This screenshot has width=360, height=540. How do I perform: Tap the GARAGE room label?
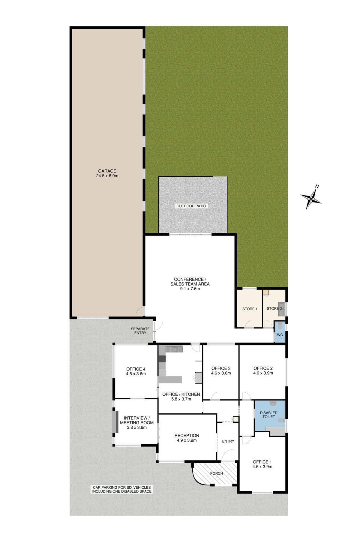click(x=107, y=171)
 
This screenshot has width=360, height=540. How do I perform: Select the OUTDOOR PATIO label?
click(x=192, y=206)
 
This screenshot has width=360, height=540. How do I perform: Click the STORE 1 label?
click(x=250, y=309)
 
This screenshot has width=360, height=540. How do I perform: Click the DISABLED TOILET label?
click(x=269, y=415)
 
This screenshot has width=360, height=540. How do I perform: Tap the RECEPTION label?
click(x=187, y=436)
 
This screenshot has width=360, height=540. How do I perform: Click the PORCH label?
click(x=217, y=473)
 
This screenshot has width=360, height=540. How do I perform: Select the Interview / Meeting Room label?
click(x=137, y=420)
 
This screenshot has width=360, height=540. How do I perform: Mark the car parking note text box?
click(x=122, y=489)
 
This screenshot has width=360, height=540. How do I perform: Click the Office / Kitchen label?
click(x=181, y=394)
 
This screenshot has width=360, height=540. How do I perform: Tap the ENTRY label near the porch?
click(x=228, y=441)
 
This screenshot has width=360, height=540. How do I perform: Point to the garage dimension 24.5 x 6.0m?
click(x=107, y=176)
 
